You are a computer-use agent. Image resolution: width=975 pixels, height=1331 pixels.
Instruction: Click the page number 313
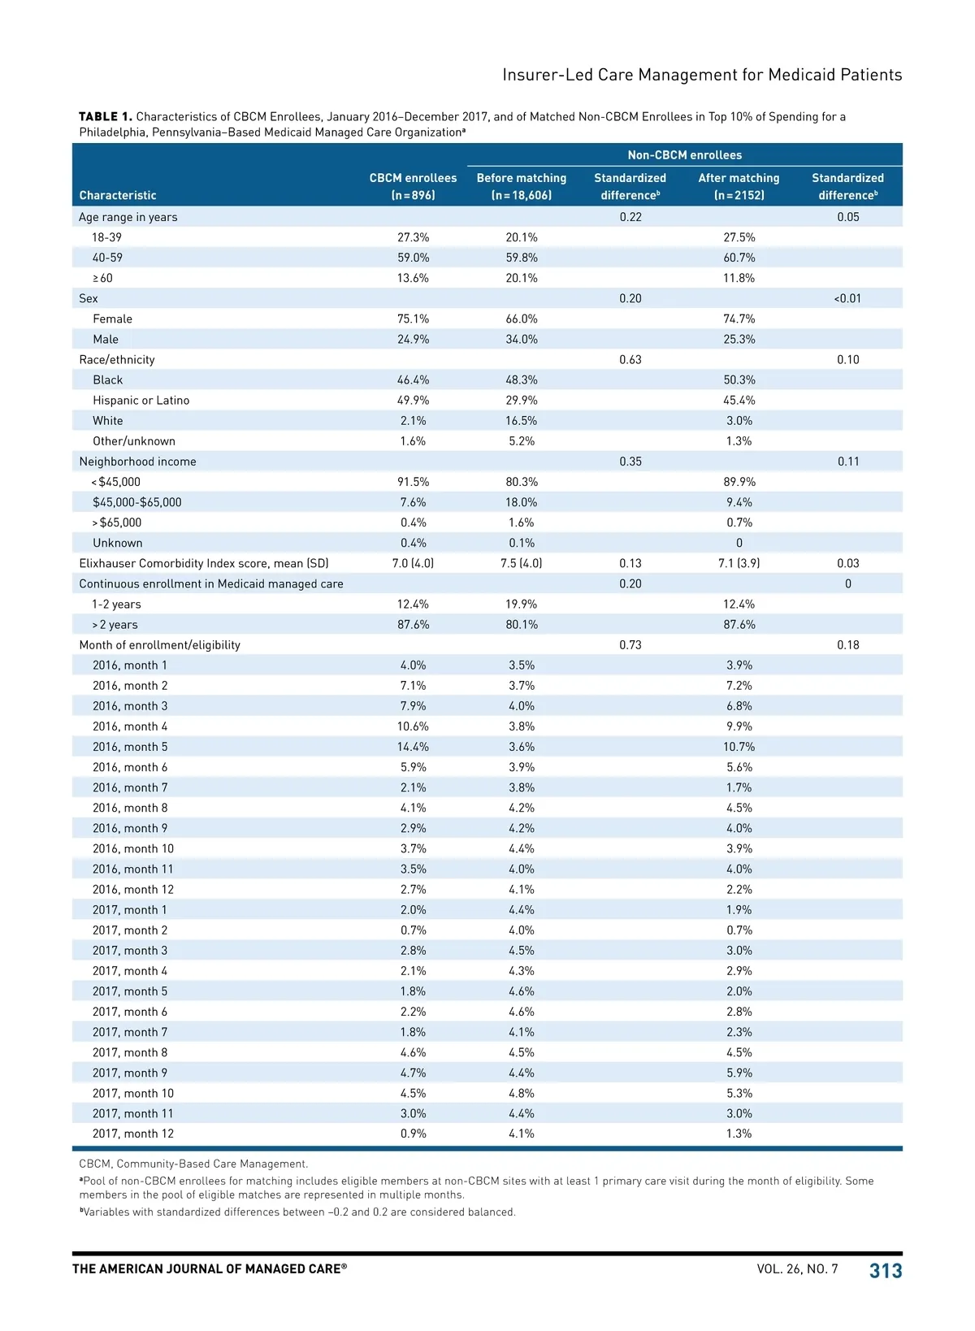885,1270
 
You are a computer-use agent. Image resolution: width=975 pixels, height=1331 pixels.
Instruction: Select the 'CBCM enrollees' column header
413,186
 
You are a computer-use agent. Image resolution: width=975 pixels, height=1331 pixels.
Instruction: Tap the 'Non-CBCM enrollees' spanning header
684,155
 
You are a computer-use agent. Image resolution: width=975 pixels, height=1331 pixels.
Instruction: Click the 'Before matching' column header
521,186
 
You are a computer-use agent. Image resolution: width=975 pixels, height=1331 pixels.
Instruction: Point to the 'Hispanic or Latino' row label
141,401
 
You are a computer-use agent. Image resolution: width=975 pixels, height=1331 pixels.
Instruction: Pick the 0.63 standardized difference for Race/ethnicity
630,360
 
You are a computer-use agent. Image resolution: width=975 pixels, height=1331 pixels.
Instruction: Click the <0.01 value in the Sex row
847,298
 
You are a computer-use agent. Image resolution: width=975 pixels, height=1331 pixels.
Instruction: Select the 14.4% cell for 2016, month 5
413,747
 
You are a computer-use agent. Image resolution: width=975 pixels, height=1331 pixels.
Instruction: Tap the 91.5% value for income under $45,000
413,482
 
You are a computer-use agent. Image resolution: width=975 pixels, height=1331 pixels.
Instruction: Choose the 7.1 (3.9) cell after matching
739,563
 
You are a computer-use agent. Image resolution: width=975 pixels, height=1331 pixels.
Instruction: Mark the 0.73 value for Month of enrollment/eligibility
630,645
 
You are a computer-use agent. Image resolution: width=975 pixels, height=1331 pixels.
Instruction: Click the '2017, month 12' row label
133,1134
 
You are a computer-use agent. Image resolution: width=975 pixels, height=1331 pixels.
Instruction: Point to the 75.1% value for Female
413,319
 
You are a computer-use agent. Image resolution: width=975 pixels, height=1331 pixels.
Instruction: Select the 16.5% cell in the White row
521,421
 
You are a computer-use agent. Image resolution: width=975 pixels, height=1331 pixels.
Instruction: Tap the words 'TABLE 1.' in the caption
105,117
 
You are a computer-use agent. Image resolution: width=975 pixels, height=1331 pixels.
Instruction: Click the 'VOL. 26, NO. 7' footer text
797,1268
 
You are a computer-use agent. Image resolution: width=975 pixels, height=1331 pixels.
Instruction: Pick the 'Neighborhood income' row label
137,462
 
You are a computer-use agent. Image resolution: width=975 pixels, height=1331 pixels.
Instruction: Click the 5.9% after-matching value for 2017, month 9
739,1073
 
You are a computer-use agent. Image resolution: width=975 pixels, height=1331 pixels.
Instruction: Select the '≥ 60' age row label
102,278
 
